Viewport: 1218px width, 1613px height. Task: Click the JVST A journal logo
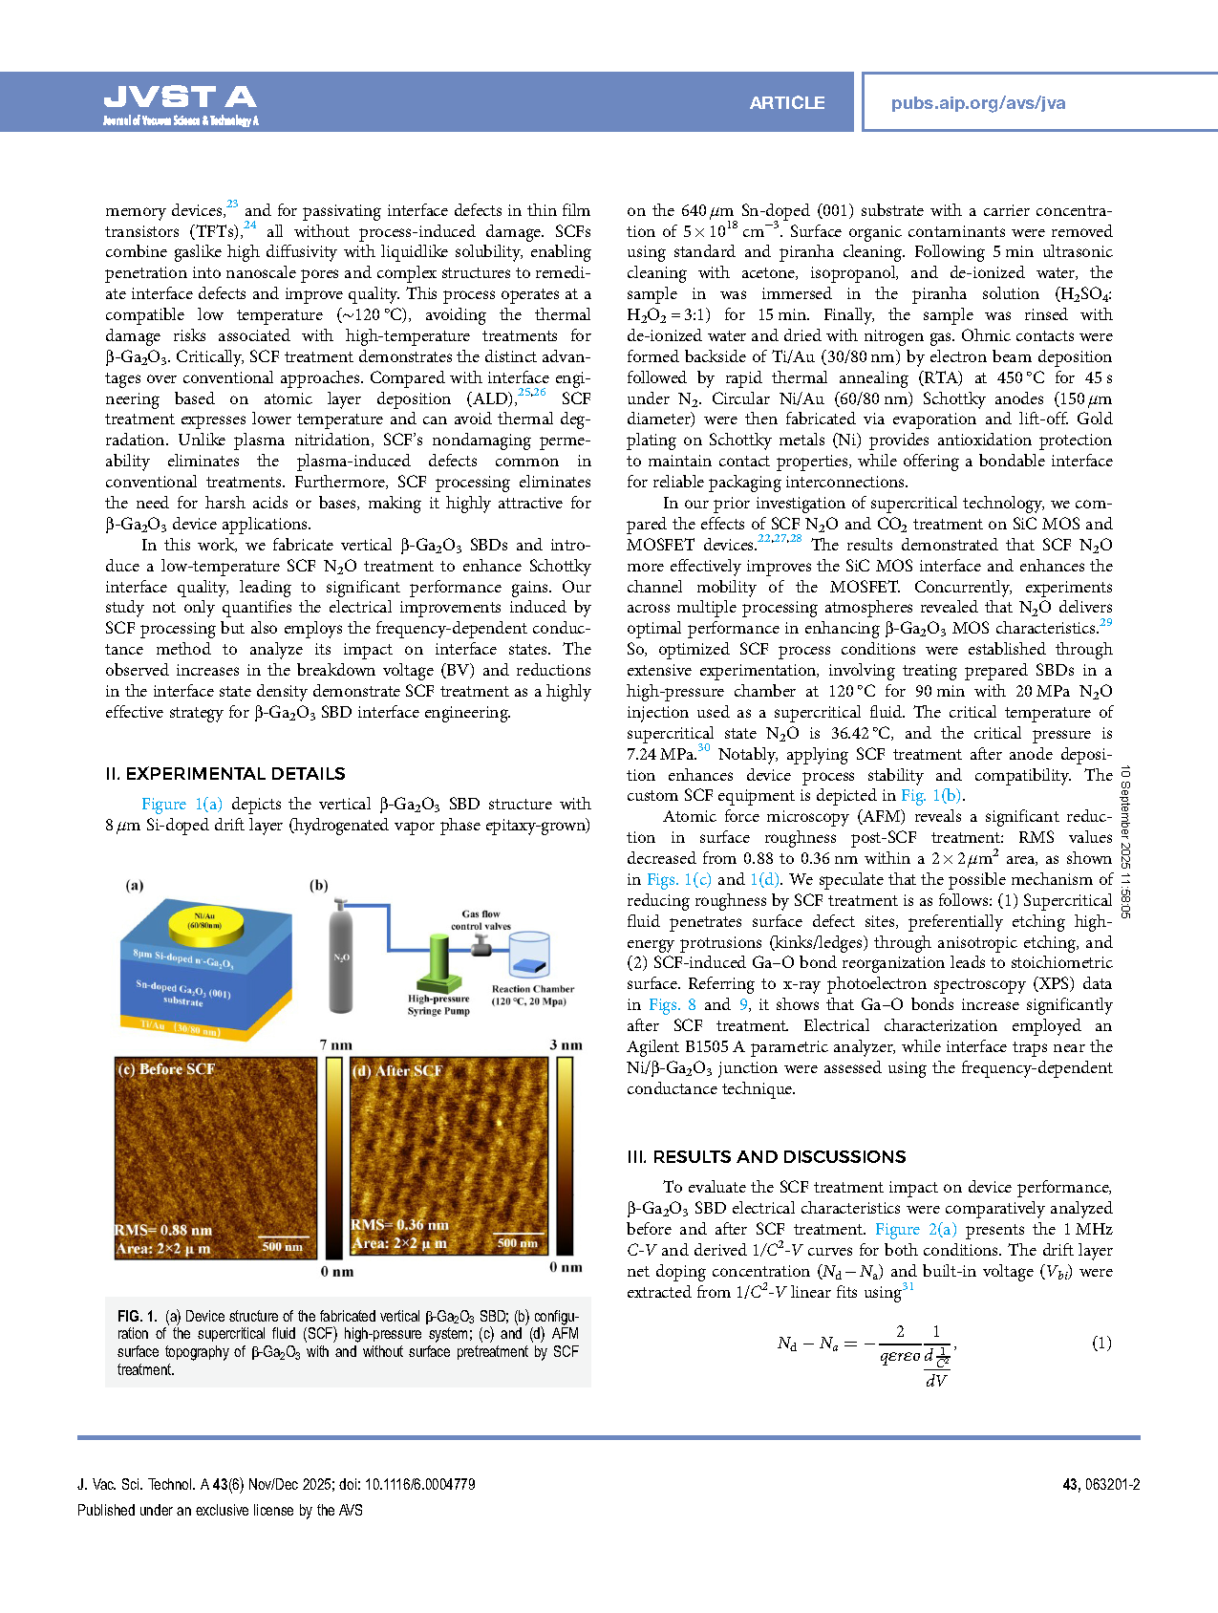180,103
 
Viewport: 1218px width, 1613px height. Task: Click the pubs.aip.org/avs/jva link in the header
977,103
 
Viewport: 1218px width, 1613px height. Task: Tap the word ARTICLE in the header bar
786,103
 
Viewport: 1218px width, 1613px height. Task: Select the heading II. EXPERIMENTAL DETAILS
225,774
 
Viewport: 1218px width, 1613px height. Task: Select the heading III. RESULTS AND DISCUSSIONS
766,1157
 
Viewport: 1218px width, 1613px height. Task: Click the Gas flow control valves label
481,920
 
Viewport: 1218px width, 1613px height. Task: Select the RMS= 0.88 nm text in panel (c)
163,1230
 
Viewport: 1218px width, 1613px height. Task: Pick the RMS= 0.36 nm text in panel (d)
399,1224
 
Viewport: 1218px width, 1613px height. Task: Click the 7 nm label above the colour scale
335,1044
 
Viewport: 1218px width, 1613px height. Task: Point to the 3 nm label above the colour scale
566,1044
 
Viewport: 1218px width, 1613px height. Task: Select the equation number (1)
1101,1343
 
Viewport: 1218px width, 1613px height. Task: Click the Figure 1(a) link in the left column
182,805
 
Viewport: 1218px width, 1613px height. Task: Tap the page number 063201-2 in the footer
1112,1484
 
